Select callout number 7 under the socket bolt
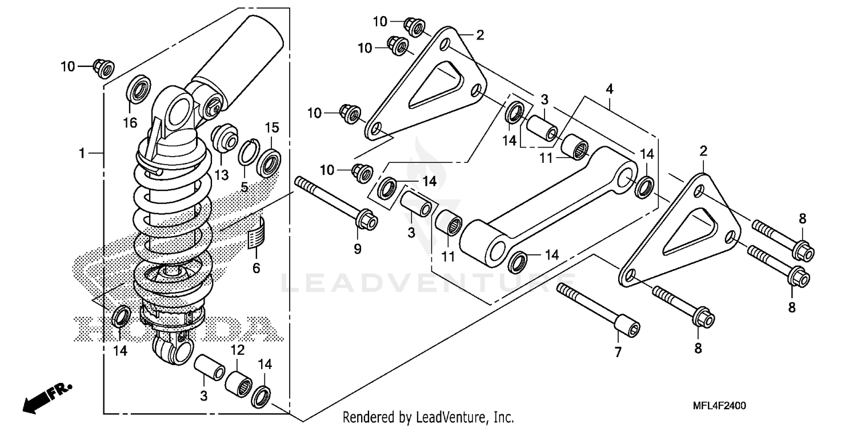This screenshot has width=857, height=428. pos(616,353)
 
